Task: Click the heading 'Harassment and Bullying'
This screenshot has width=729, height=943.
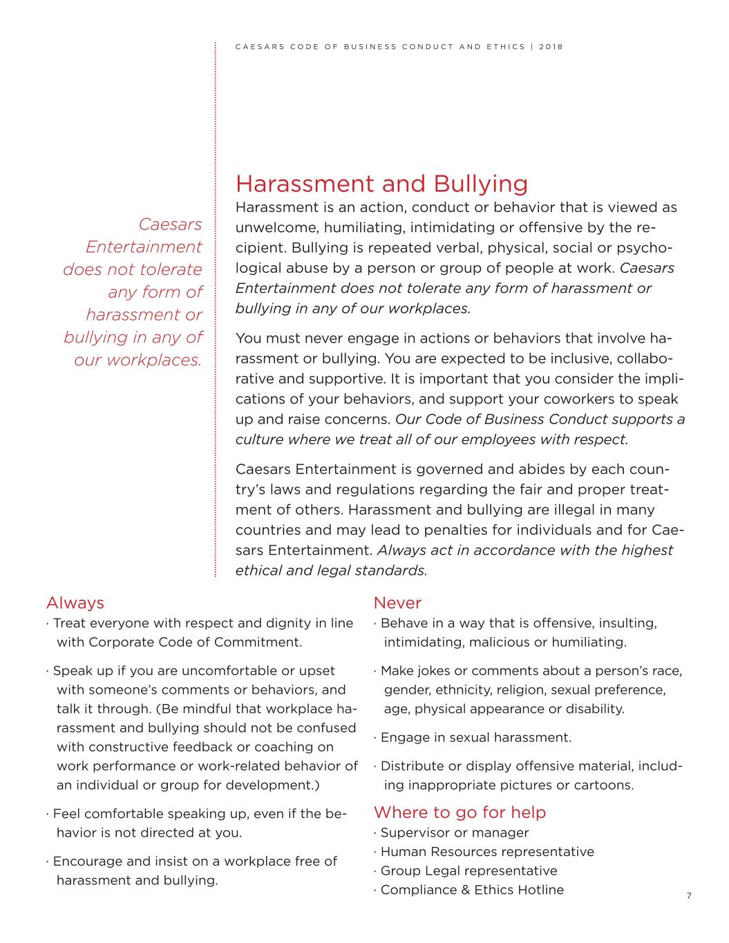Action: click(381, 184)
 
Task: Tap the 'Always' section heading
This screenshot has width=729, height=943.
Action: click(75, 603)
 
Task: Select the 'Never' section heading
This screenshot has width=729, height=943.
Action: click(397, 603)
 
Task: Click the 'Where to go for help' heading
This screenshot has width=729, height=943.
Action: click(460, 812)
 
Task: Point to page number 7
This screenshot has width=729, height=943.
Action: click(689, 896)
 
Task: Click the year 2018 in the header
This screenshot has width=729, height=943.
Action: click(551, 47)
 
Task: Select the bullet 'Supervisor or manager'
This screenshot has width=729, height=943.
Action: click(454, 832)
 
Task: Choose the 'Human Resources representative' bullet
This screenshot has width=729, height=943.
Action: click(486, 852)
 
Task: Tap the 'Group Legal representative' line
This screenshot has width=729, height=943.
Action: click(468, 871)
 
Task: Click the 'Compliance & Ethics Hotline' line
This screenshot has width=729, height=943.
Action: click(472, 890)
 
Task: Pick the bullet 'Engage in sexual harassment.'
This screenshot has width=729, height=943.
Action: click(475, 737)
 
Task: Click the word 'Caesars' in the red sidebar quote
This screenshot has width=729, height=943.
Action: click(170, 225)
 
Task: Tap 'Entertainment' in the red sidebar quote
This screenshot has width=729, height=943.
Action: click(144, 247)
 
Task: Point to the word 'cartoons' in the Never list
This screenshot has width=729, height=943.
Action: click(605, 785)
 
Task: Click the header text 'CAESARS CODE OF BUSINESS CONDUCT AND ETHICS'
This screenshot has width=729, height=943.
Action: click(380, 47)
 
